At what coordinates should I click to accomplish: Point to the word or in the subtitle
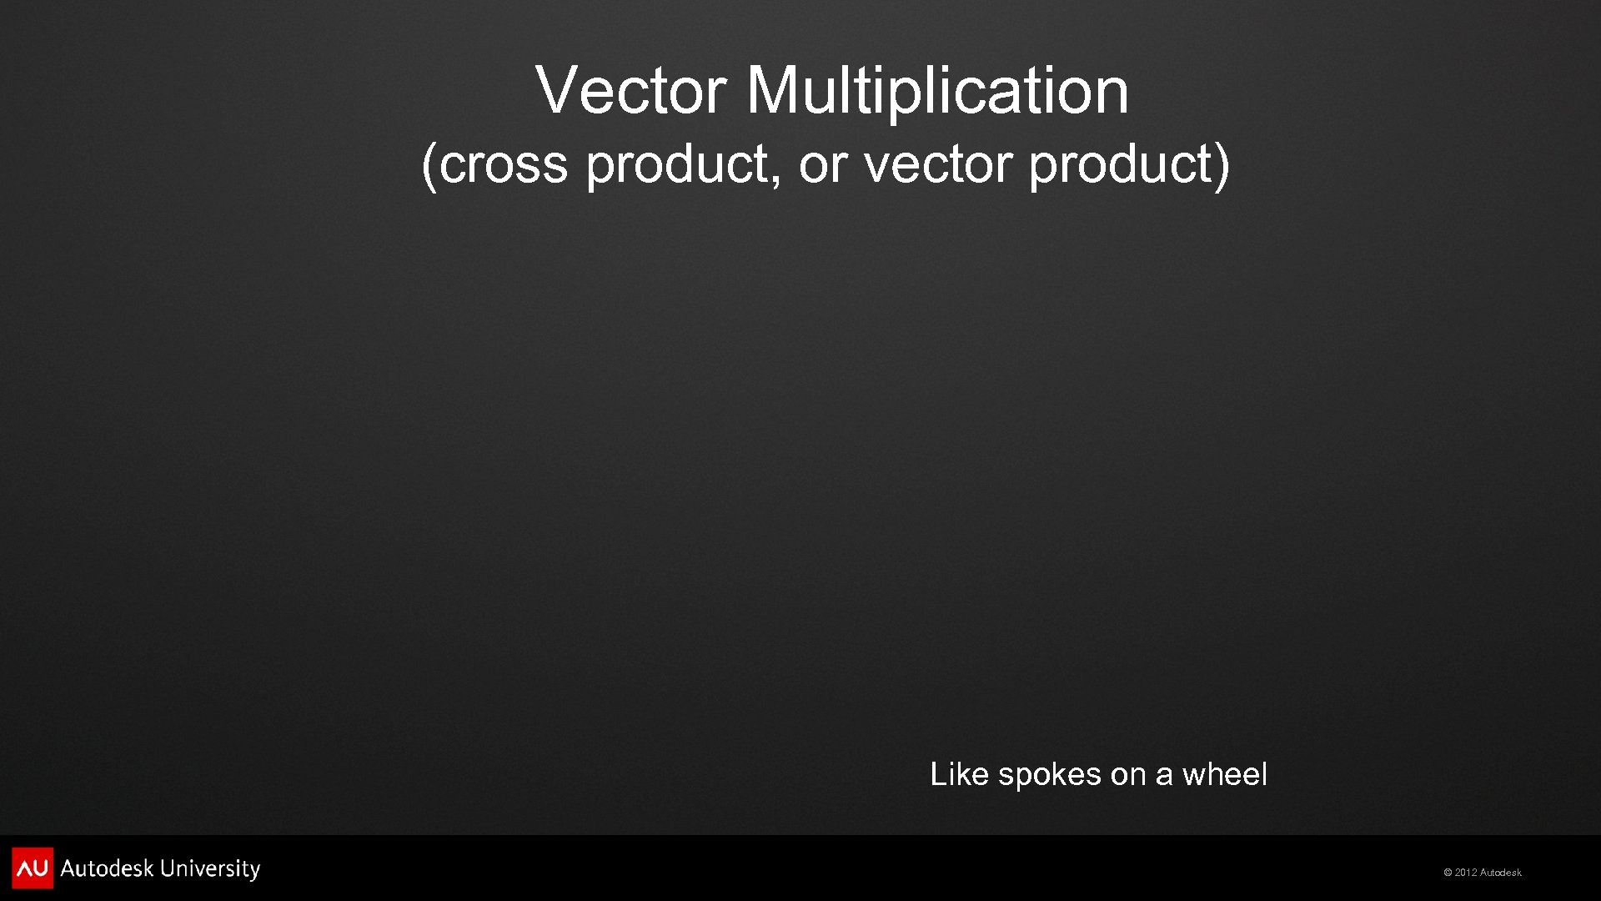click(x=822, y=164)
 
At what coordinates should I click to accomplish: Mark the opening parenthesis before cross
click(x=429, y=165)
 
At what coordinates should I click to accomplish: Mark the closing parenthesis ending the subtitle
click(x=1222, y=165)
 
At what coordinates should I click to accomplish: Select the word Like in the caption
click(x=959, y=774)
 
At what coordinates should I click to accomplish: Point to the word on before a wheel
click(x=1127, y=775)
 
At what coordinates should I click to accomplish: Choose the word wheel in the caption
click(x=1225, y=774)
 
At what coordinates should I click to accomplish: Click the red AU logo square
click(x=33, y=868)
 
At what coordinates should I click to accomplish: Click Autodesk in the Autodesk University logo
click(x=107, y=869)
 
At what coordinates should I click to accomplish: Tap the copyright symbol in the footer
click(x=1448, y=873)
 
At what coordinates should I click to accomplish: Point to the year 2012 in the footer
click(x=1466, y=873)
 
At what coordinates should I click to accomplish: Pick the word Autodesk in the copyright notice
click(x=1500, y=873)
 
